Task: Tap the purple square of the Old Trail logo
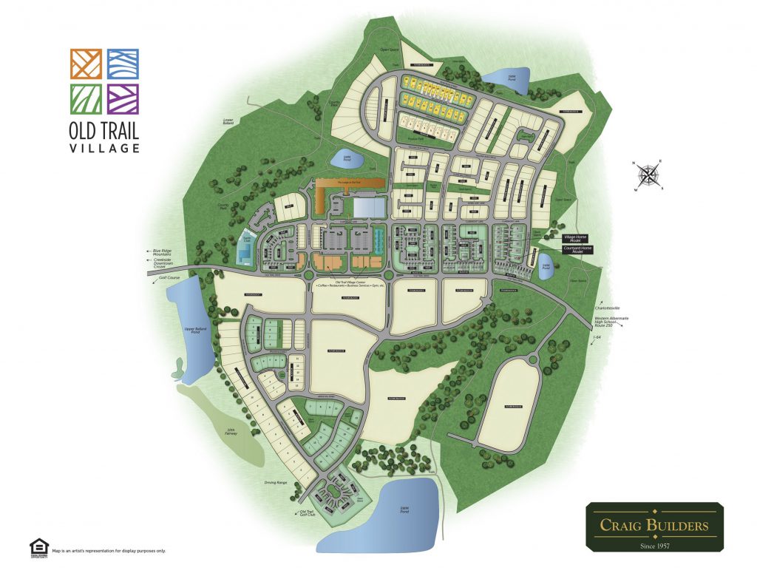[x=122, y=100]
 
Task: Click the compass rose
[x=648, y=175]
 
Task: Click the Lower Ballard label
[x=223, y=121]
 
